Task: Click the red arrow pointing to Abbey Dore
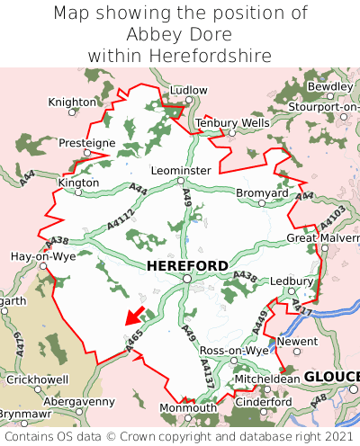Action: (135, 316)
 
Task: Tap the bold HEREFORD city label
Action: (186, 265)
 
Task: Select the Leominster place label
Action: (182, 170)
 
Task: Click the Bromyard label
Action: (262, 193)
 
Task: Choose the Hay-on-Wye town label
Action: (42, 256)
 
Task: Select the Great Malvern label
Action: (322, 238)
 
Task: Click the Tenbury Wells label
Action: (232, 122)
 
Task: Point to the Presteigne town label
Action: (87, 143)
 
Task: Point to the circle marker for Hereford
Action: (186, 279)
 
